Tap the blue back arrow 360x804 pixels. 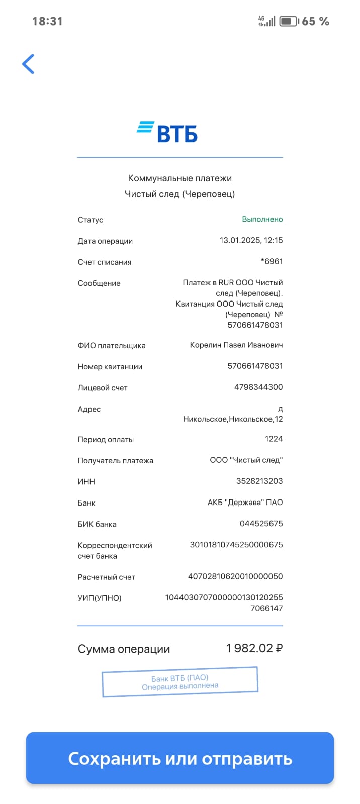click(28, 64)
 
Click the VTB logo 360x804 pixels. click(167, 132)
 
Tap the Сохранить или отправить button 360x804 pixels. click(180, 758)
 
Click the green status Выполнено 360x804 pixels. click(262, 219)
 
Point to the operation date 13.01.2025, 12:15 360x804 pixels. click(251, 240)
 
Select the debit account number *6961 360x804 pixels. click(272, 261)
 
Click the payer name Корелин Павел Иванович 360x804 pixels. click(236, 345)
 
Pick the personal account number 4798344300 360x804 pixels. click(258, 387)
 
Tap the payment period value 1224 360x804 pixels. click(274, 439)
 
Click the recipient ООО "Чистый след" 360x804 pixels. click(246, 460)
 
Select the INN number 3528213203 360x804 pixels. click(259, 481)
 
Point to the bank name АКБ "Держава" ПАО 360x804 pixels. click(245, 502)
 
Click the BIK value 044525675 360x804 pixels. click(261, 523)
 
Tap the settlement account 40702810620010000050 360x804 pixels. click(235, 576)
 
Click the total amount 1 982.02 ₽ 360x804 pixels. click(254, 648)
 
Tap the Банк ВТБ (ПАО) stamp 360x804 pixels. click(180, 682)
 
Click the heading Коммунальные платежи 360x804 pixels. click(179, 178)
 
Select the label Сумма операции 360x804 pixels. click(124, 649)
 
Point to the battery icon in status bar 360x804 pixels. click(289, 21)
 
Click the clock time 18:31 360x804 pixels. click(47, 21)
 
